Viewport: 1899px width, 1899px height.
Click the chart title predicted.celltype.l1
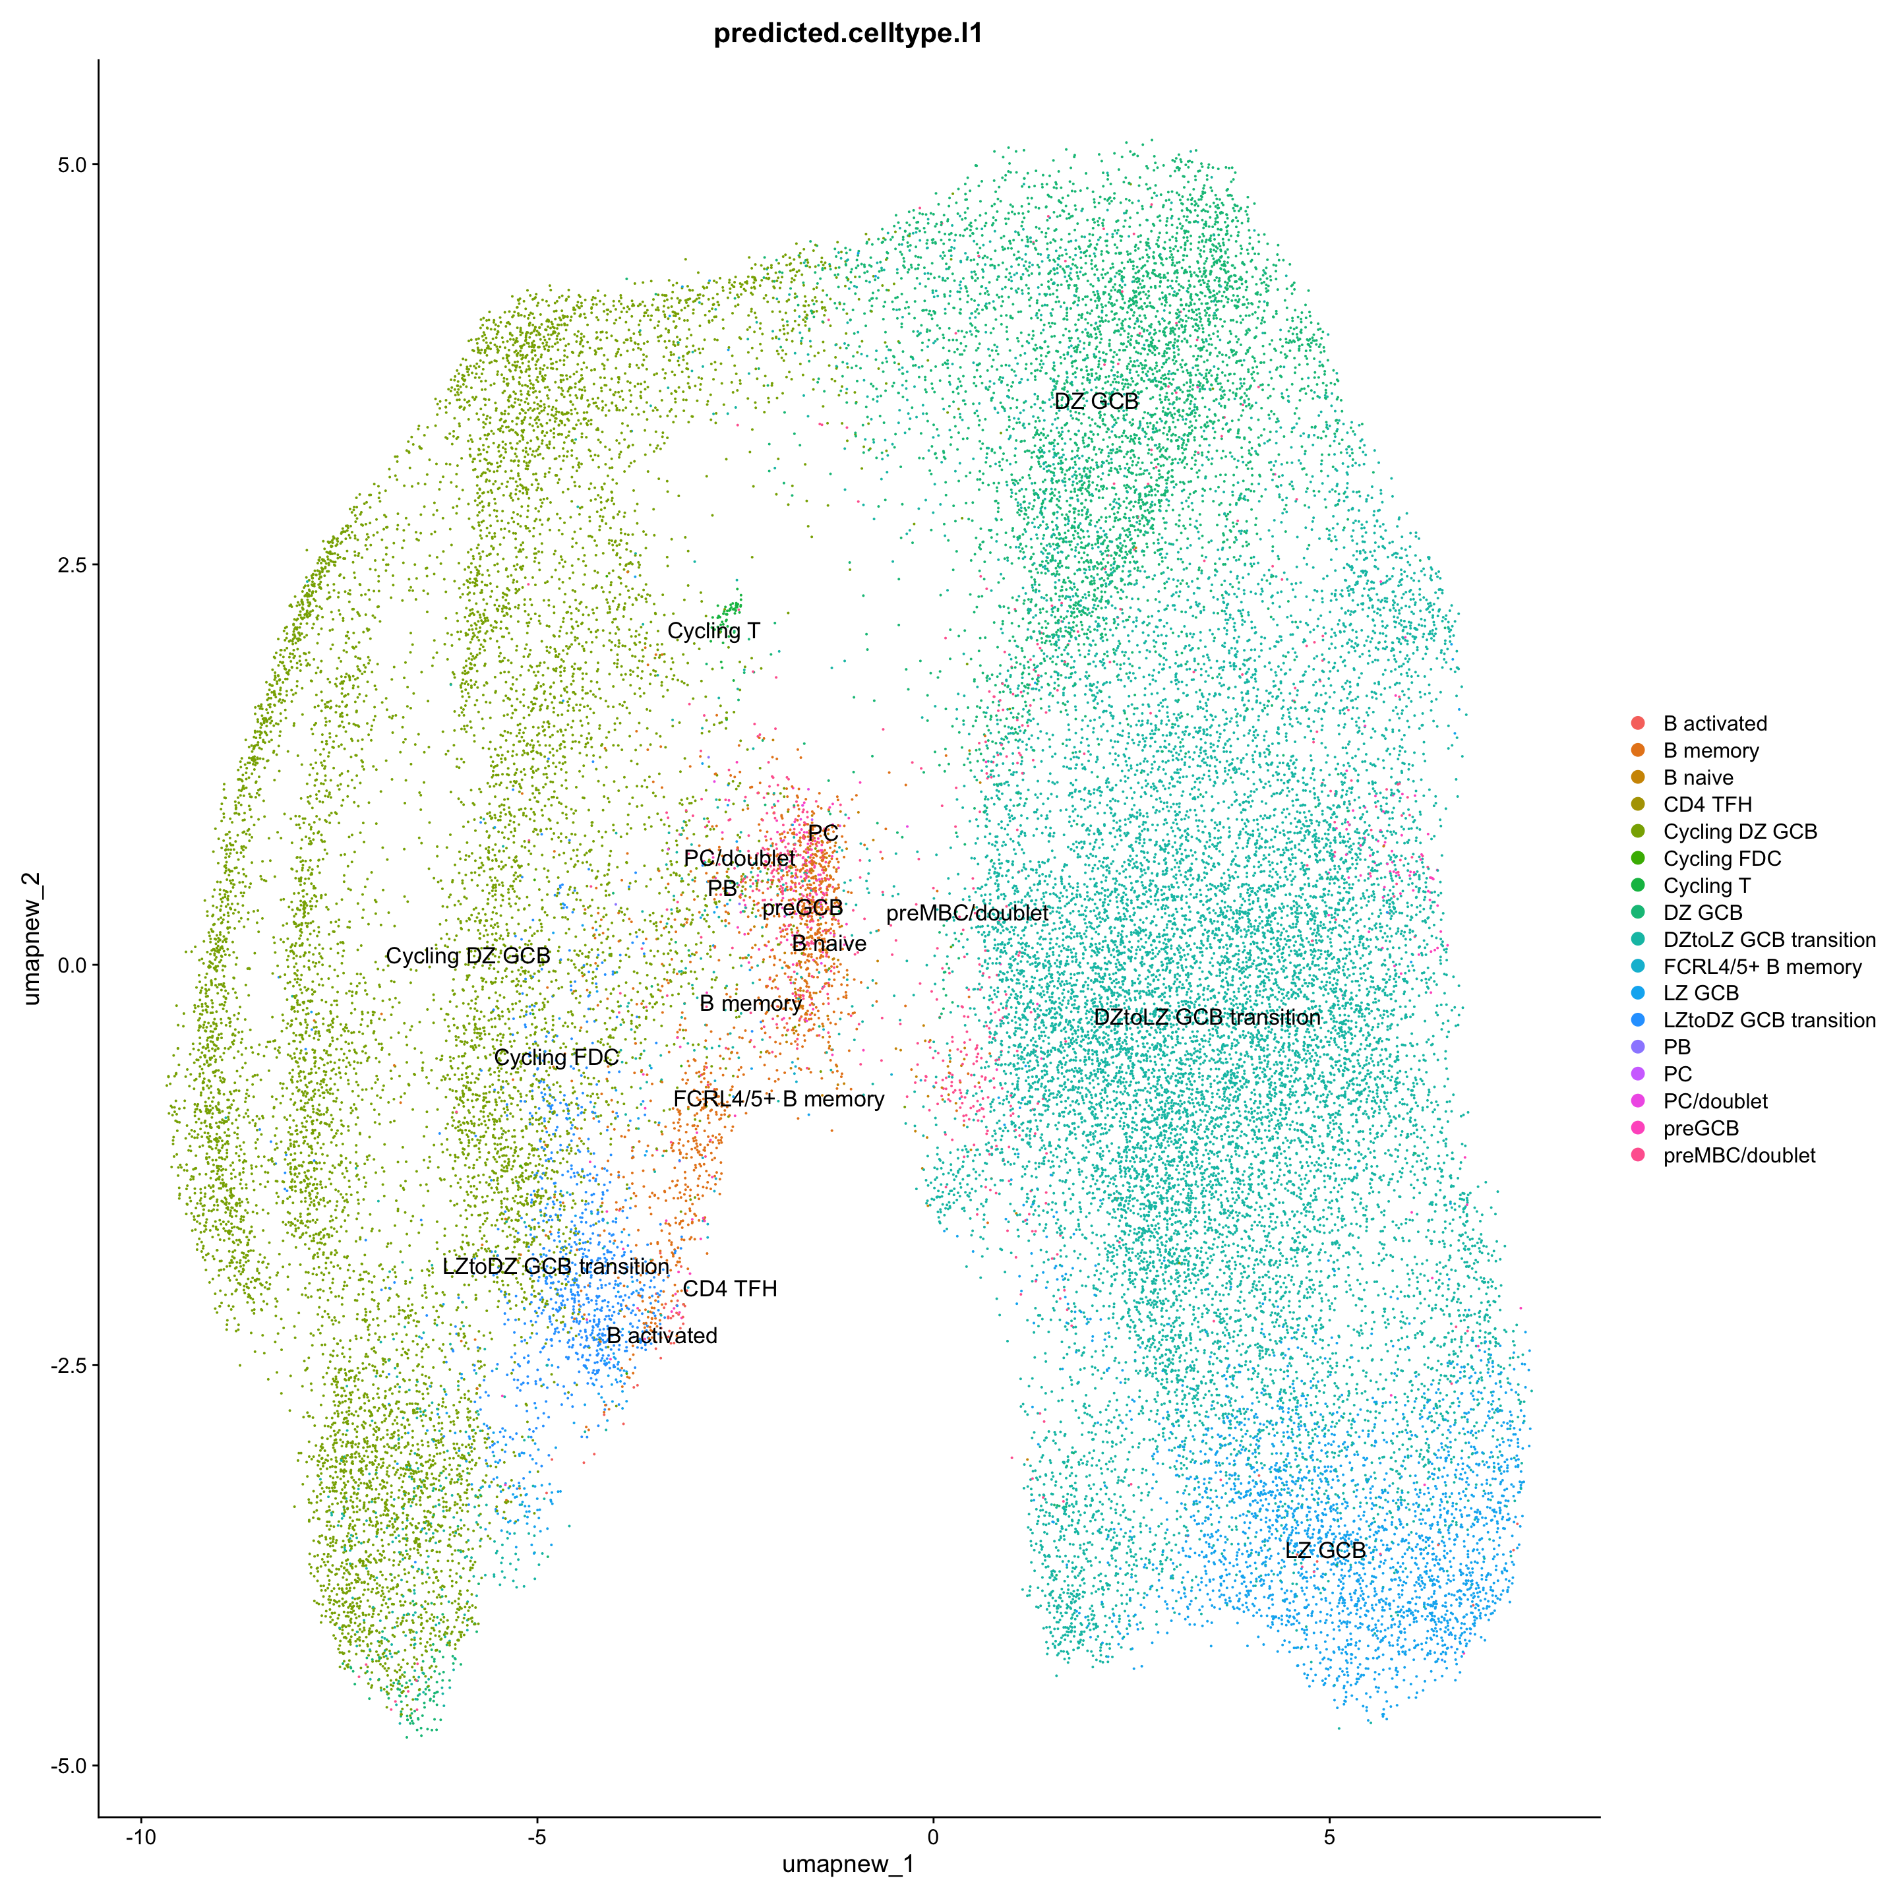848,34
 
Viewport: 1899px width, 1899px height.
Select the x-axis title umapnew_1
848,1863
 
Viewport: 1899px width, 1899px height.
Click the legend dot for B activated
1637,723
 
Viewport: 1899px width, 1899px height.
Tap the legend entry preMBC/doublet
1739,1156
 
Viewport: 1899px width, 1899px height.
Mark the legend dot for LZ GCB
1637,994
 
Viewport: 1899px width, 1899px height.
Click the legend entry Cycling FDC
1721,859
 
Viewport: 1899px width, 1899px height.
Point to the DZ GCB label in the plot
1096,401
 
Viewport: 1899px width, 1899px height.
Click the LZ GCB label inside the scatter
1325,1550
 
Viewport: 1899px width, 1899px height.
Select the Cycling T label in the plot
713,631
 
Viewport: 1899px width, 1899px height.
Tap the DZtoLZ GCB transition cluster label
1207,1017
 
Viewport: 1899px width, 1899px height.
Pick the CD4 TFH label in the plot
729,1288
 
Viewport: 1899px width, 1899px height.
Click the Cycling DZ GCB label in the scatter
468,956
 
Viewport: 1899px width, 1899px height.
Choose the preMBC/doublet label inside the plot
967,913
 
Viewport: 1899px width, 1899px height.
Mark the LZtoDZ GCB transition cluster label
555,1267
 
